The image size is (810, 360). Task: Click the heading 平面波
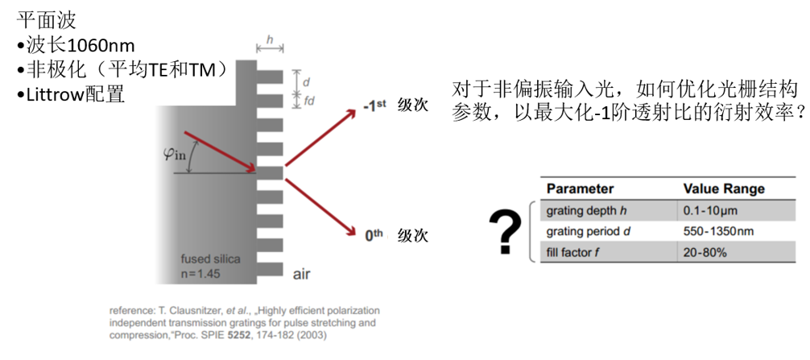tap(47, 21)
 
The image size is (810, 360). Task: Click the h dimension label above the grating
tap(270, 39)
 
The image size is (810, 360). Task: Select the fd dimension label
tap(309, 101)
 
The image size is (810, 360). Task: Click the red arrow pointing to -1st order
tap(321, 138)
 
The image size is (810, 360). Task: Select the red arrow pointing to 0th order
tap(321, 207)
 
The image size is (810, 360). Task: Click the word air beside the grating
tap(302, 274)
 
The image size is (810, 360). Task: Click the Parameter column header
tap(581, 189)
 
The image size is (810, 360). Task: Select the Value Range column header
tap(724, 189)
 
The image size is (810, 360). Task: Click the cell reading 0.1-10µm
tap(707, 210)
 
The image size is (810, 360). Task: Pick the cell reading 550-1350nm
tap(718, 231)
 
